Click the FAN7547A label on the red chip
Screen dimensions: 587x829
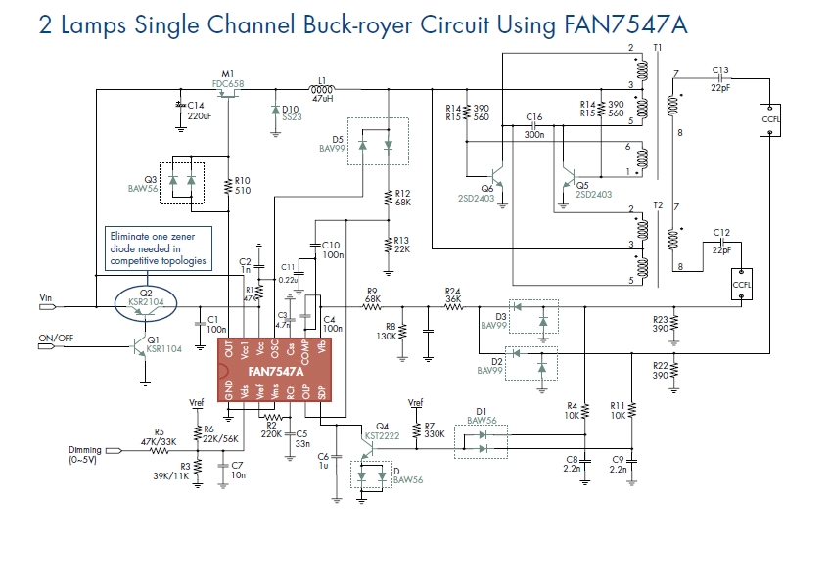(x=276, y=372)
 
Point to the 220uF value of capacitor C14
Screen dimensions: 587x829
(x=199, y=115)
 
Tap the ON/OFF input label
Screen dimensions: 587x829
(x=55, y=339)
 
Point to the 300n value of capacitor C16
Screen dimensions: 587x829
(x=534, y=136)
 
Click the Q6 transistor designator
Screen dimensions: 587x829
(x=487, y=187)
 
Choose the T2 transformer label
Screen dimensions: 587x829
(x=658, y=205)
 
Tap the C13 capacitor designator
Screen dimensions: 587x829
(x=720, y=69)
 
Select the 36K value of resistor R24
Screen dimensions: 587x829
(x=452, y=300)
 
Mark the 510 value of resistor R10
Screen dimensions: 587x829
(x=243, y=191)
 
